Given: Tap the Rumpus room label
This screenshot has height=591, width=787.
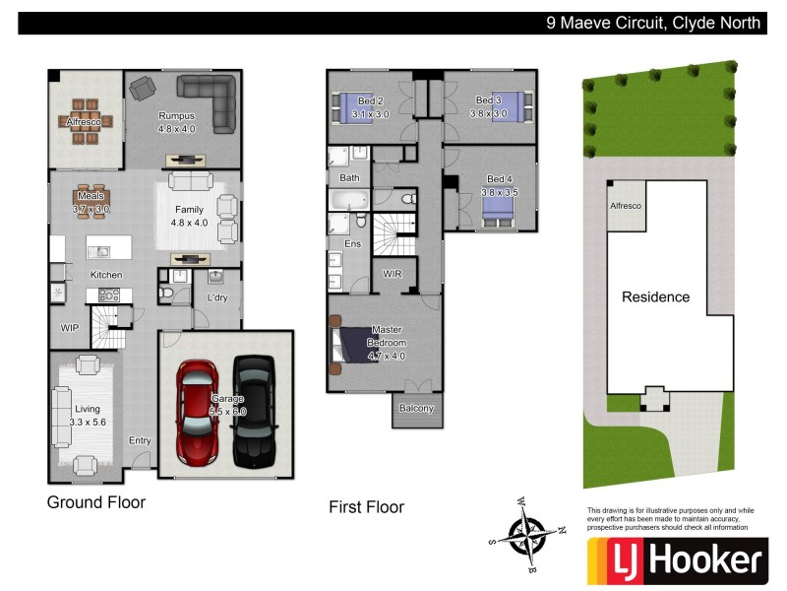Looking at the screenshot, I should click(178, 121).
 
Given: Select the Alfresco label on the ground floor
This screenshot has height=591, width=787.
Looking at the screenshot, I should click(84, 123).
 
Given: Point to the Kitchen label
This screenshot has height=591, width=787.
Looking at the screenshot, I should click(106, 274).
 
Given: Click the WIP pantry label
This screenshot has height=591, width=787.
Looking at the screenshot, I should click(69, 327).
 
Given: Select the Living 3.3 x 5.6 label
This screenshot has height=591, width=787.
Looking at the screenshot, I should click(87, 415).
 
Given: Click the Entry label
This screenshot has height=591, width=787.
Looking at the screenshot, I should click(140, 440).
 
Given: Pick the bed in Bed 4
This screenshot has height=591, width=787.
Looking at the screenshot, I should click(497, 210).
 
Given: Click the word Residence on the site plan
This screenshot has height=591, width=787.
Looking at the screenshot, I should click(654, 296).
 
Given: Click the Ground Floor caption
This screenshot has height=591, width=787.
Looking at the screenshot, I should click(96, 502).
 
